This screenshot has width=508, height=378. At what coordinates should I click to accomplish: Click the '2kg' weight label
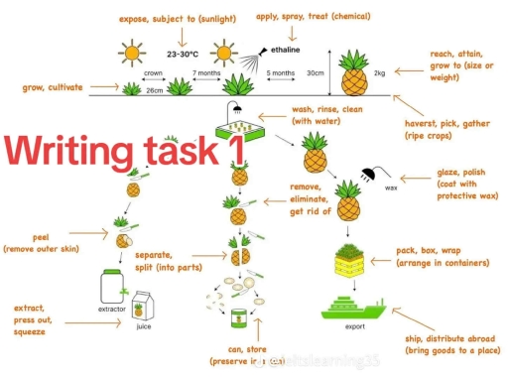[379, 72]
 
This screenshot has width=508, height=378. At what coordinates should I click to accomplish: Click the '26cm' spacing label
[155, 90]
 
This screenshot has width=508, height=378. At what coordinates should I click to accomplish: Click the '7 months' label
[206, 72]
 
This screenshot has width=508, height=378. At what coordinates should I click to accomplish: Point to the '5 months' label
[282, 72]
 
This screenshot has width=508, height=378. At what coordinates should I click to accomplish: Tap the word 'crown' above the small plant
[153, 72]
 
